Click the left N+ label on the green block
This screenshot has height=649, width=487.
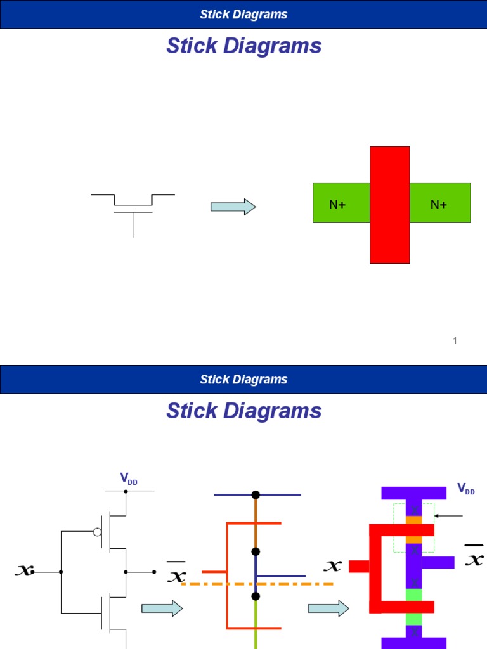click(x=335, y=204)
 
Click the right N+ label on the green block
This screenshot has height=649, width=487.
click(x=439, y=204)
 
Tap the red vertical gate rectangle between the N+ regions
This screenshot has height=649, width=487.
click(x=389, y=204)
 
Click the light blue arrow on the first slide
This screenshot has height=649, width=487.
click(x=233, y=207)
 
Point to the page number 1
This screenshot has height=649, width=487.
click(x=455, y=341)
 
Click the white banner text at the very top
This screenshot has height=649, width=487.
click(x=243, y=14)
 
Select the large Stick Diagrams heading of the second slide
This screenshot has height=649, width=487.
click(x=243, y=411)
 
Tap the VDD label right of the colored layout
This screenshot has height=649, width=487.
click(x=466, y=489)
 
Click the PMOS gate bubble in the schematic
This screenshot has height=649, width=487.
click(x=98, y=532)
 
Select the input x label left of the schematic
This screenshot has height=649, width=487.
click(x=24, y=571)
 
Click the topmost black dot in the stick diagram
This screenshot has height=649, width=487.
click(x=256, y=494)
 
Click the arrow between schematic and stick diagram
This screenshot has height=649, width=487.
click(x=162, y=609)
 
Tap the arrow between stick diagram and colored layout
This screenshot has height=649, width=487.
click(x=328, y=609)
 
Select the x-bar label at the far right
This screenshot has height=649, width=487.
click(x=474, y=558)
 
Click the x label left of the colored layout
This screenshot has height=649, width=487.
click(x=334, y=565)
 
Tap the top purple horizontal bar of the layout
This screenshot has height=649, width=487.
click(x=413, y=493)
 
